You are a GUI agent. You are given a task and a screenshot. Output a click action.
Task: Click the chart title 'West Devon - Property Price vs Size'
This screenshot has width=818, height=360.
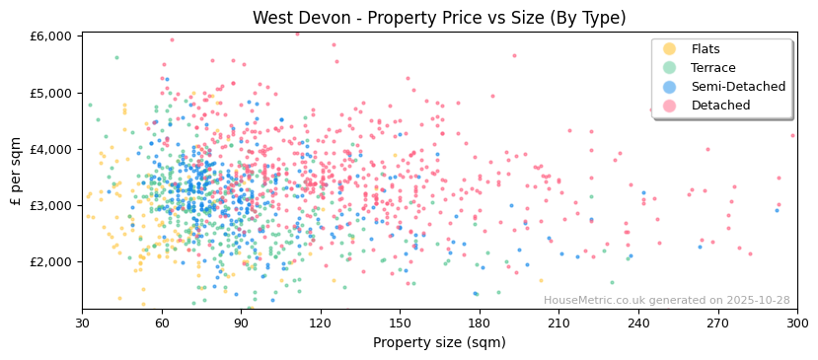pyautogui.click(x=439, y=18)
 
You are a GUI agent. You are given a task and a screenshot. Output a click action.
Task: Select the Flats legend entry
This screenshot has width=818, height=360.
pyautogui.click(x=706, y=49)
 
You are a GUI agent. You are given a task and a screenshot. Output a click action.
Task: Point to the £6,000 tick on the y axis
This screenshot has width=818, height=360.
pyautogui.click(x=51, y=36)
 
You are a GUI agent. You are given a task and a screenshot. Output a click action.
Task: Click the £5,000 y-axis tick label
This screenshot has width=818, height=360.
pyautogui.click(x=51, y=93)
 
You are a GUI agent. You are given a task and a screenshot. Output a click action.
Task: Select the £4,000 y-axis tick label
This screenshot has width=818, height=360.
pyautogui.click(x=51, y=149)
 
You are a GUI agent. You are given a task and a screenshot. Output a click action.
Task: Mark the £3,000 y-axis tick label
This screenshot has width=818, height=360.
pyautogui.click(x=51, y=205)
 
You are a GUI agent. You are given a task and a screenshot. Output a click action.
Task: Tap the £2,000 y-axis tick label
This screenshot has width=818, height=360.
pyautogui.click(x=51, y=261)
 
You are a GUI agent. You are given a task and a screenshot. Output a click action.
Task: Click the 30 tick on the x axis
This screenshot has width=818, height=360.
pyautogui.click(x=82, y=323)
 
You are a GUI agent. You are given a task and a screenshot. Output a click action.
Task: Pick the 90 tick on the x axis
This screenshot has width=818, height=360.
pyautogui.click(x=241, y=323)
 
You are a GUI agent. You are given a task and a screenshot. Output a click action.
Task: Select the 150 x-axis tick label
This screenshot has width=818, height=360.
pyautogui.click(x=400, y=323)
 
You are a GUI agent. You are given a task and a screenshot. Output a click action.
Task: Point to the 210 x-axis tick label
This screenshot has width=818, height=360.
pyautogui.click(x=558, y=323)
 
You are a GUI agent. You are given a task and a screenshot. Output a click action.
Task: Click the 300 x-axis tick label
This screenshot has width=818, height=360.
pyautogui.click(x=796, y=323)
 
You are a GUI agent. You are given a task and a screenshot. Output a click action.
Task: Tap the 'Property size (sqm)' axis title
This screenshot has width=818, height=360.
pyautogui.click(x=439, y=342)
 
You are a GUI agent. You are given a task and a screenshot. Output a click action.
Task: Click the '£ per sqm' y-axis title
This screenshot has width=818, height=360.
pyautogui.click(x=16, y=172)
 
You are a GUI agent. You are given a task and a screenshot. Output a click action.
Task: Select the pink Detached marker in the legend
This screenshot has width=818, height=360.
pyautogui.click(x=669, y=106)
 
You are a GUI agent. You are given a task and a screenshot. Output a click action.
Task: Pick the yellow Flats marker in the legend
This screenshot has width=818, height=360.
pyautogui.click(x=669, y=49)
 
